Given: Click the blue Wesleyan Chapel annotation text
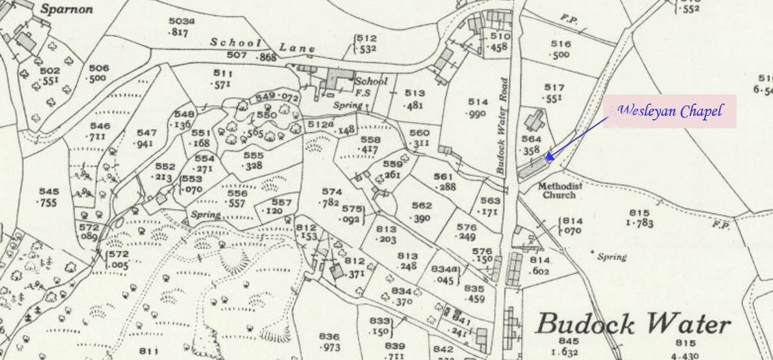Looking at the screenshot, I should pos(670,111).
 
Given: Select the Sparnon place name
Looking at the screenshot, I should pos(66,9).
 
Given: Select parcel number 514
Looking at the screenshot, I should pos(477,102).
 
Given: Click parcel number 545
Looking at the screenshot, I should pos(47,192).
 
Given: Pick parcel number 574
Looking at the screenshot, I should pos(331,191).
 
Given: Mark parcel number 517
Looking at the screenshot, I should pos(554,87).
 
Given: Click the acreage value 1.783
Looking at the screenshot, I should pos(639,223).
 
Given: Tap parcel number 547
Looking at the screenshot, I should pos(146,132).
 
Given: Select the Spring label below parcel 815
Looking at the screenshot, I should pos(612,256).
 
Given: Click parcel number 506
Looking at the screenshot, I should pos(99,68).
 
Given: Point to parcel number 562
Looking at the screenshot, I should pos(421,206).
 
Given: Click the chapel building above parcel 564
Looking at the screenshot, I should pos(536,121).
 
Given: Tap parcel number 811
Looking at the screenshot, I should pos(148,352).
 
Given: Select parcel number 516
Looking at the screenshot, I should pos(560,44).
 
